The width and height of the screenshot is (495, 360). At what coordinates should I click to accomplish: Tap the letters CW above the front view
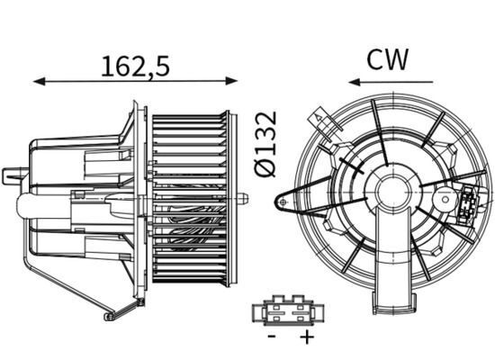point(387,59)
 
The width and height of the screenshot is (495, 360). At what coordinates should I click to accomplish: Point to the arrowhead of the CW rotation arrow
point(353,82)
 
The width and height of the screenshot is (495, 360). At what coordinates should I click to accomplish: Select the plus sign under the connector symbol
point(307,337)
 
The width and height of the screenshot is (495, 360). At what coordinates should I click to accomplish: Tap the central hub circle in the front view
point(393,193)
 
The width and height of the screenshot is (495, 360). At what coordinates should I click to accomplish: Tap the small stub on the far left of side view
point(11,175)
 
